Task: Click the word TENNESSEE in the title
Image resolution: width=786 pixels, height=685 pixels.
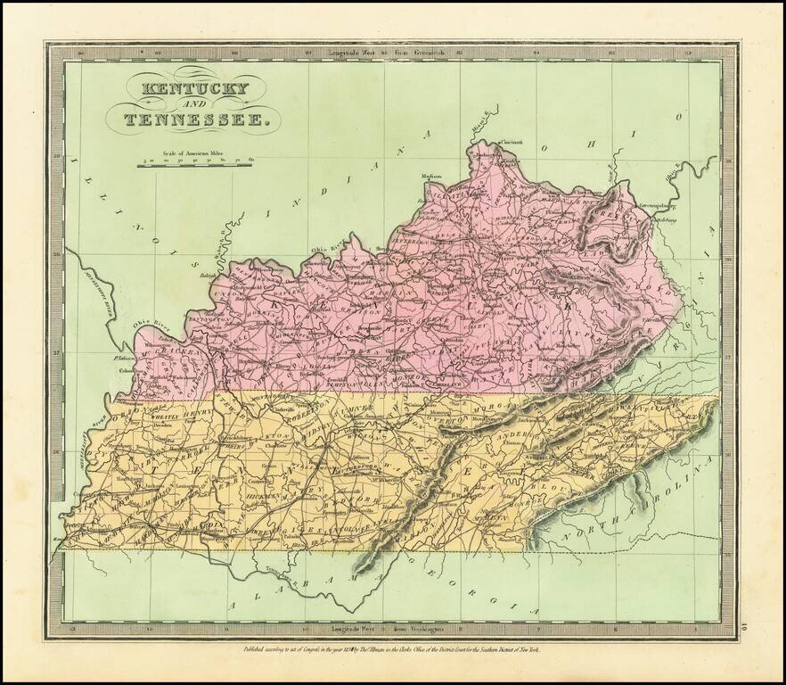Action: pyautogui.click(x=191, y=120)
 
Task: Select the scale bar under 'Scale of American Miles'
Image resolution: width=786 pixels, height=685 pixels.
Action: pyautogui.click(x=196, y=165)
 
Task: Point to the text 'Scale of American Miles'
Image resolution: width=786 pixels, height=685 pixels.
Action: pyautogui.click(x=194, y=153)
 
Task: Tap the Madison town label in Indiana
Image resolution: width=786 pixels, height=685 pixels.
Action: pyautogui.click(x=431, y=176)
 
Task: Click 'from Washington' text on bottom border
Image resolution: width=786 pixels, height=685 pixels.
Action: pyautogui.click(x=421, y=630)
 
